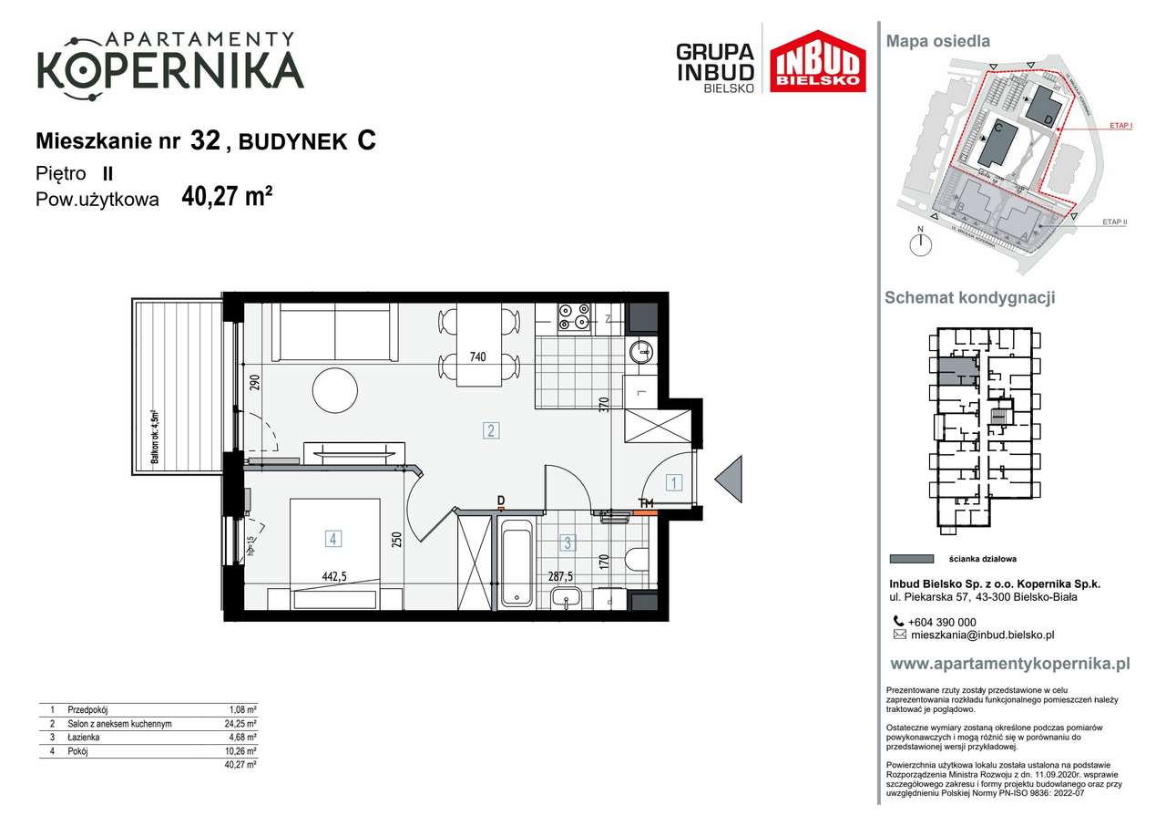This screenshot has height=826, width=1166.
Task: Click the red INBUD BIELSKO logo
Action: pos(817,61)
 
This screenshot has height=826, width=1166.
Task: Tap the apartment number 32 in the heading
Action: pos(205,140)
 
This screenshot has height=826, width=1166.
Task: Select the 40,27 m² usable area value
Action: pos(228,197)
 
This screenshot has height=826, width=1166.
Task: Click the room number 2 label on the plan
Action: pos(491,430)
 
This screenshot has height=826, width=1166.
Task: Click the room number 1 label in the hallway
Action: pos(673,483)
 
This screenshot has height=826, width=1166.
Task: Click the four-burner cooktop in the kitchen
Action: pos(576,315)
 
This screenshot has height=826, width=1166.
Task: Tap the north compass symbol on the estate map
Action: pos(922,243)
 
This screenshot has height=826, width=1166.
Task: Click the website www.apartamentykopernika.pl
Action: pos(1008,664)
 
